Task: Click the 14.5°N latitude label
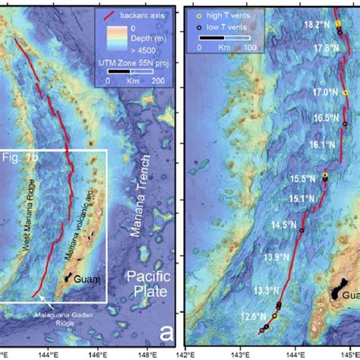284,225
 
